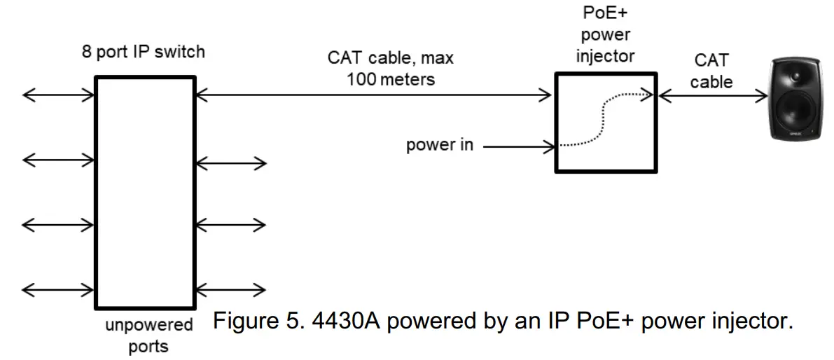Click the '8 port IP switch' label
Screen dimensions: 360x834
click(143, 53)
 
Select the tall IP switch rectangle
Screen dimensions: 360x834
click(144, 193)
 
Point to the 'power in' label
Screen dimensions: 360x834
click(440, 146)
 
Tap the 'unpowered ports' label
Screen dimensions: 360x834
click(148, 335)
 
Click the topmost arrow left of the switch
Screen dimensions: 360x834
click(58, 95)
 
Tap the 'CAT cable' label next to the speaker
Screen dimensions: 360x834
click(711, 71)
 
